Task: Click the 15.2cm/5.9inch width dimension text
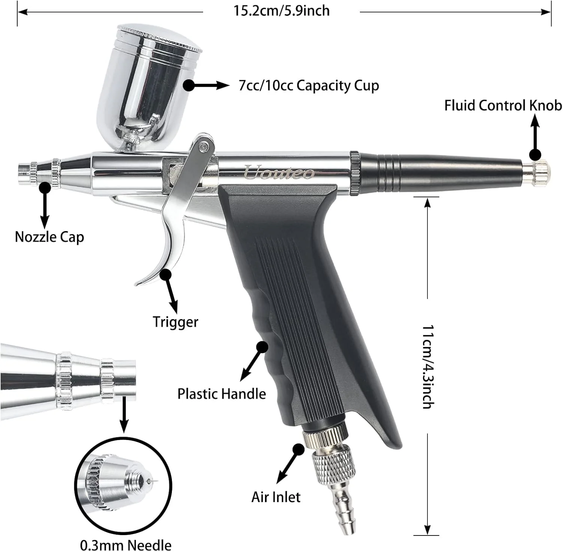(x=281, y=11)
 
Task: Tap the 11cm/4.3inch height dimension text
(x=428, y=366)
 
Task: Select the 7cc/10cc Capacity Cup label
(x=309, y=86)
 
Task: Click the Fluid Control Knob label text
(x=503, y=106)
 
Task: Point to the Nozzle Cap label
(x=49, y=237)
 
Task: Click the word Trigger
(x=175, y=322)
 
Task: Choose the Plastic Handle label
(x=221, y=394)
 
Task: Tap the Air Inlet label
(x=276, y=497)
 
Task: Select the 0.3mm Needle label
(x=126, y=545)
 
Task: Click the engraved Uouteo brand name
(x=279, y=173)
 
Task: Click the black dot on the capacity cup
(x=189, y=86)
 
